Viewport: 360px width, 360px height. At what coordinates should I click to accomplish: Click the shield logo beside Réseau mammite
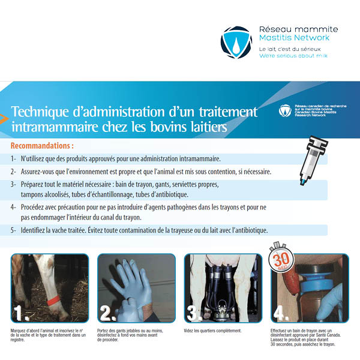coord(236,43)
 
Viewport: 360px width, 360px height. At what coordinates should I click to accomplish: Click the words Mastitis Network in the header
coord(294,38)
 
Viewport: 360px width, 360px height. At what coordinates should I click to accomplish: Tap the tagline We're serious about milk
coord(293,56)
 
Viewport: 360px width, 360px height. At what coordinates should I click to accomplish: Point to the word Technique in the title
coord(40,112)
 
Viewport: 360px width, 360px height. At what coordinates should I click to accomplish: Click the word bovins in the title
coord(168,127)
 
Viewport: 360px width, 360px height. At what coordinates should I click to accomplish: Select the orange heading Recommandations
coord(42,146)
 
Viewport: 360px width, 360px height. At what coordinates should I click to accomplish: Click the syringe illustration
coord(313,160)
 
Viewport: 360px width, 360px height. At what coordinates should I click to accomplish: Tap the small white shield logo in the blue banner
coord(285,110)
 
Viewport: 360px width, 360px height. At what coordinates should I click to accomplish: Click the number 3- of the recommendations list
coord(13,184)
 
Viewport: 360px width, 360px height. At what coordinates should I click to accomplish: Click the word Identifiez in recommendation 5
coord(32,230)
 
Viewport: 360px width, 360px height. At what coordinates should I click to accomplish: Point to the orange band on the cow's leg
coord(53,300)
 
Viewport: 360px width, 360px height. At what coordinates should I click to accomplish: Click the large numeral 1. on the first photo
coord(22,313)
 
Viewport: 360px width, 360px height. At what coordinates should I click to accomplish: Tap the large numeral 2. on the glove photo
coord(108,313)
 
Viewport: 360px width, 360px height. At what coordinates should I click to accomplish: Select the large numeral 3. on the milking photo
coord(194,313)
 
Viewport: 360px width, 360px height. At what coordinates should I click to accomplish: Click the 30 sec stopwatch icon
coord(281,257)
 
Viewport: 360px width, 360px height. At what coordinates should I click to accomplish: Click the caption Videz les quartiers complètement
coord(212,331)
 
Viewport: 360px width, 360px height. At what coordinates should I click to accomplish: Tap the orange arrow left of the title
coord(4,118)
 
